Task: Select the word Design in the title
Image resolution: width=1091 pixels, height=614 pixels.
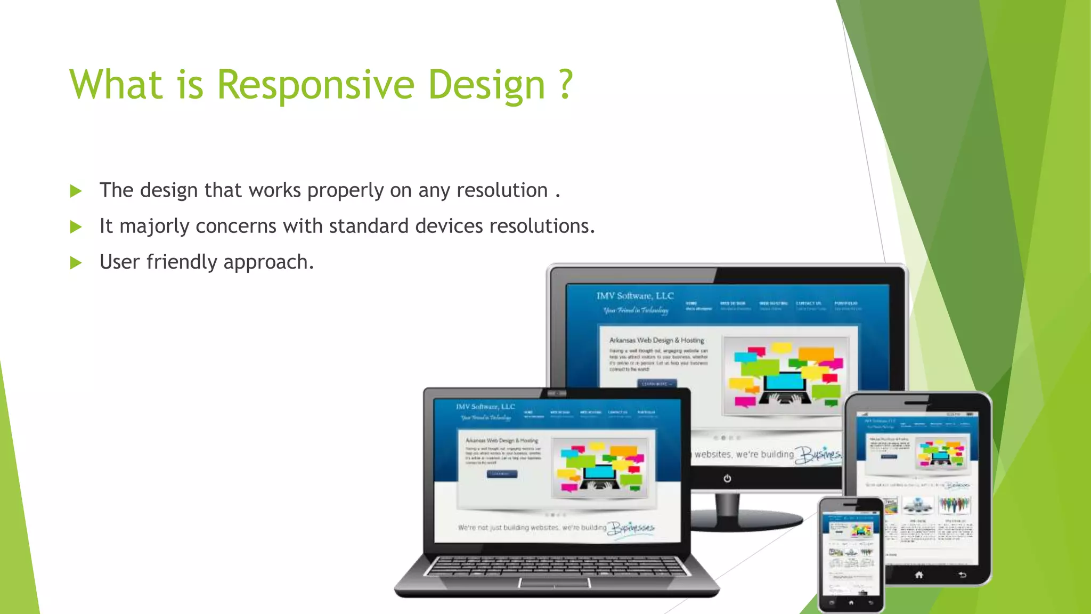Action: coord(487,85)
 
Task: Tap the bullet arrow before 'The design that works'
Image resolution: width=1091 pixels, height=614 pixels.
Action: coord(76,191)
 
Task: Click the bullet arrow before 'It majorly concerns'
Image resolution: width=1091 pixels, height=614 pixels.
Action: coord(76,227)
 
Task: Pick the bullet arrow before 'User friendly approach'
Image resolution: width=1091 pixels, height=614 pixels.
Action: coord(76,263)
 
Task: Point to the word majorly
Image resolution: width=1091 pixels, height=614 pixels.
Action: coord(154,227)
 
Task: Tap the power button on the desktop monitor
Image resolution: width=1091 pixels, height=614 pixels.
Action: coord(727,478)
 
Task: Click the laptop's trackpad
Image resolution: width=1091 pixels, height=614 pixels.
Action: coord(555,583)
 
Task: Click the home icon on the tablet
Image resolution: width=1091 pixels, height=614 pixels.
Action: coord(919,575)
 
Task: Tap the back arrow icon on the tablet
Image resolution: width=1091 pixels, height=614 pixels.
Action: coord(962,575)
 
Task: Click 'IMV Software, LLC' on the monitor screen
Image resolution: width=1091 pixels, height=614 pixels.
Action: coord(635,296)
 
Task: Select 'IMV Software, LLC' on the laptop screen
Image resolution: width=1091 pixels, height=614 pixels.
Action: coord(485,407)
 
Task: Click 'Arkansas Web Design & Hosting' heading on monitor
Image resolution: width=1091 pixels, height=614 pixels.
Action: coord(656,340)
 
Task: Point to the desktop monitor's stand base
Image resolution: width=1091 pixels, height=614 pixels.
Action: coord(746,520)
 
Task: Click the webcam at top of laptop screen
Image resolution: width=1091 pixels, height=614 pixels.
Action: coord(557,393)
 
